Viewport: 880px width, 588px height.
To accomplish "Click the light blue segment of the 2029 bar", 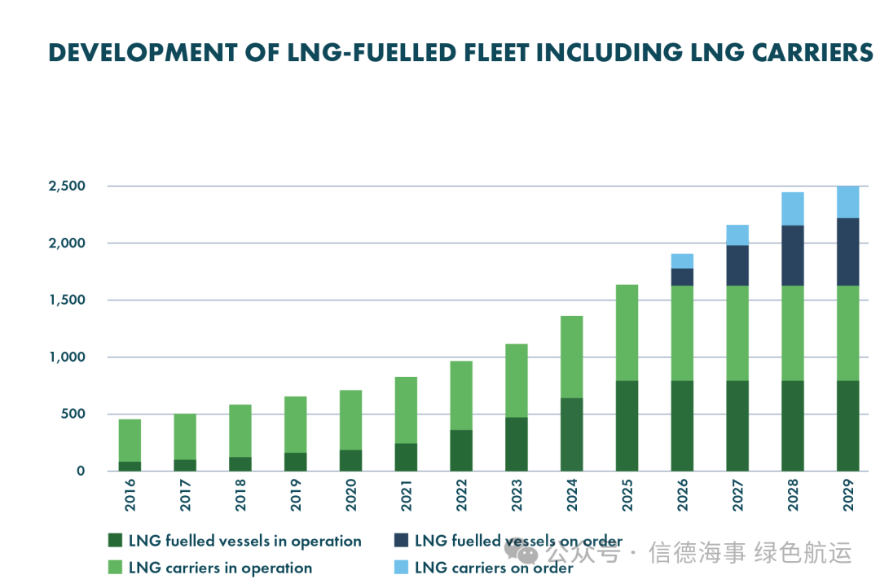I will click(x=847, y=202).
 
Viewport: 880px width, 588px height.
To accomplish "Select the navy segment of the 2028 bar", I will click(x=792, y=255).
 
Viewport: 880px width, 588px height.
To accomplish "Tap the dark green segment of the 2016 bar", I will click(x=130, y=466).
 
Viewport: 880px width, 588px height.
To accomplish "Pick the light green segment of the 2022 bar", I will click(x=461, y=395).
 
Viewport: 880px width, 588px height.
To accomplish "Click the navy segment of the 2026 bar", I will click(x=682, y=277).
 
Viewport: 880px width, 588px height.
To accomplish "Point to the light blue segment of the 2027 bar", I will click(x=737, y=235).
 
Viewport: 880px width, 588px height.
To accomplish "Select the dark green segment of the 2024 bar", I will click(x=571, y=434).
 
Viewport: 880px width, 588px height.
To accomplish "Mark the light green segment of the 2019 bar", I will click(x=295, y=424).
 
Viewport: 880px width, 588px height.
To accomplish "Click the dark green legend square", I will click(x=114, y=541).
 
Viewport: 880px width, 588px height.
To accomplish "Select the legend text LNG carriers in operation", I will click(x=220, y=568).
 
